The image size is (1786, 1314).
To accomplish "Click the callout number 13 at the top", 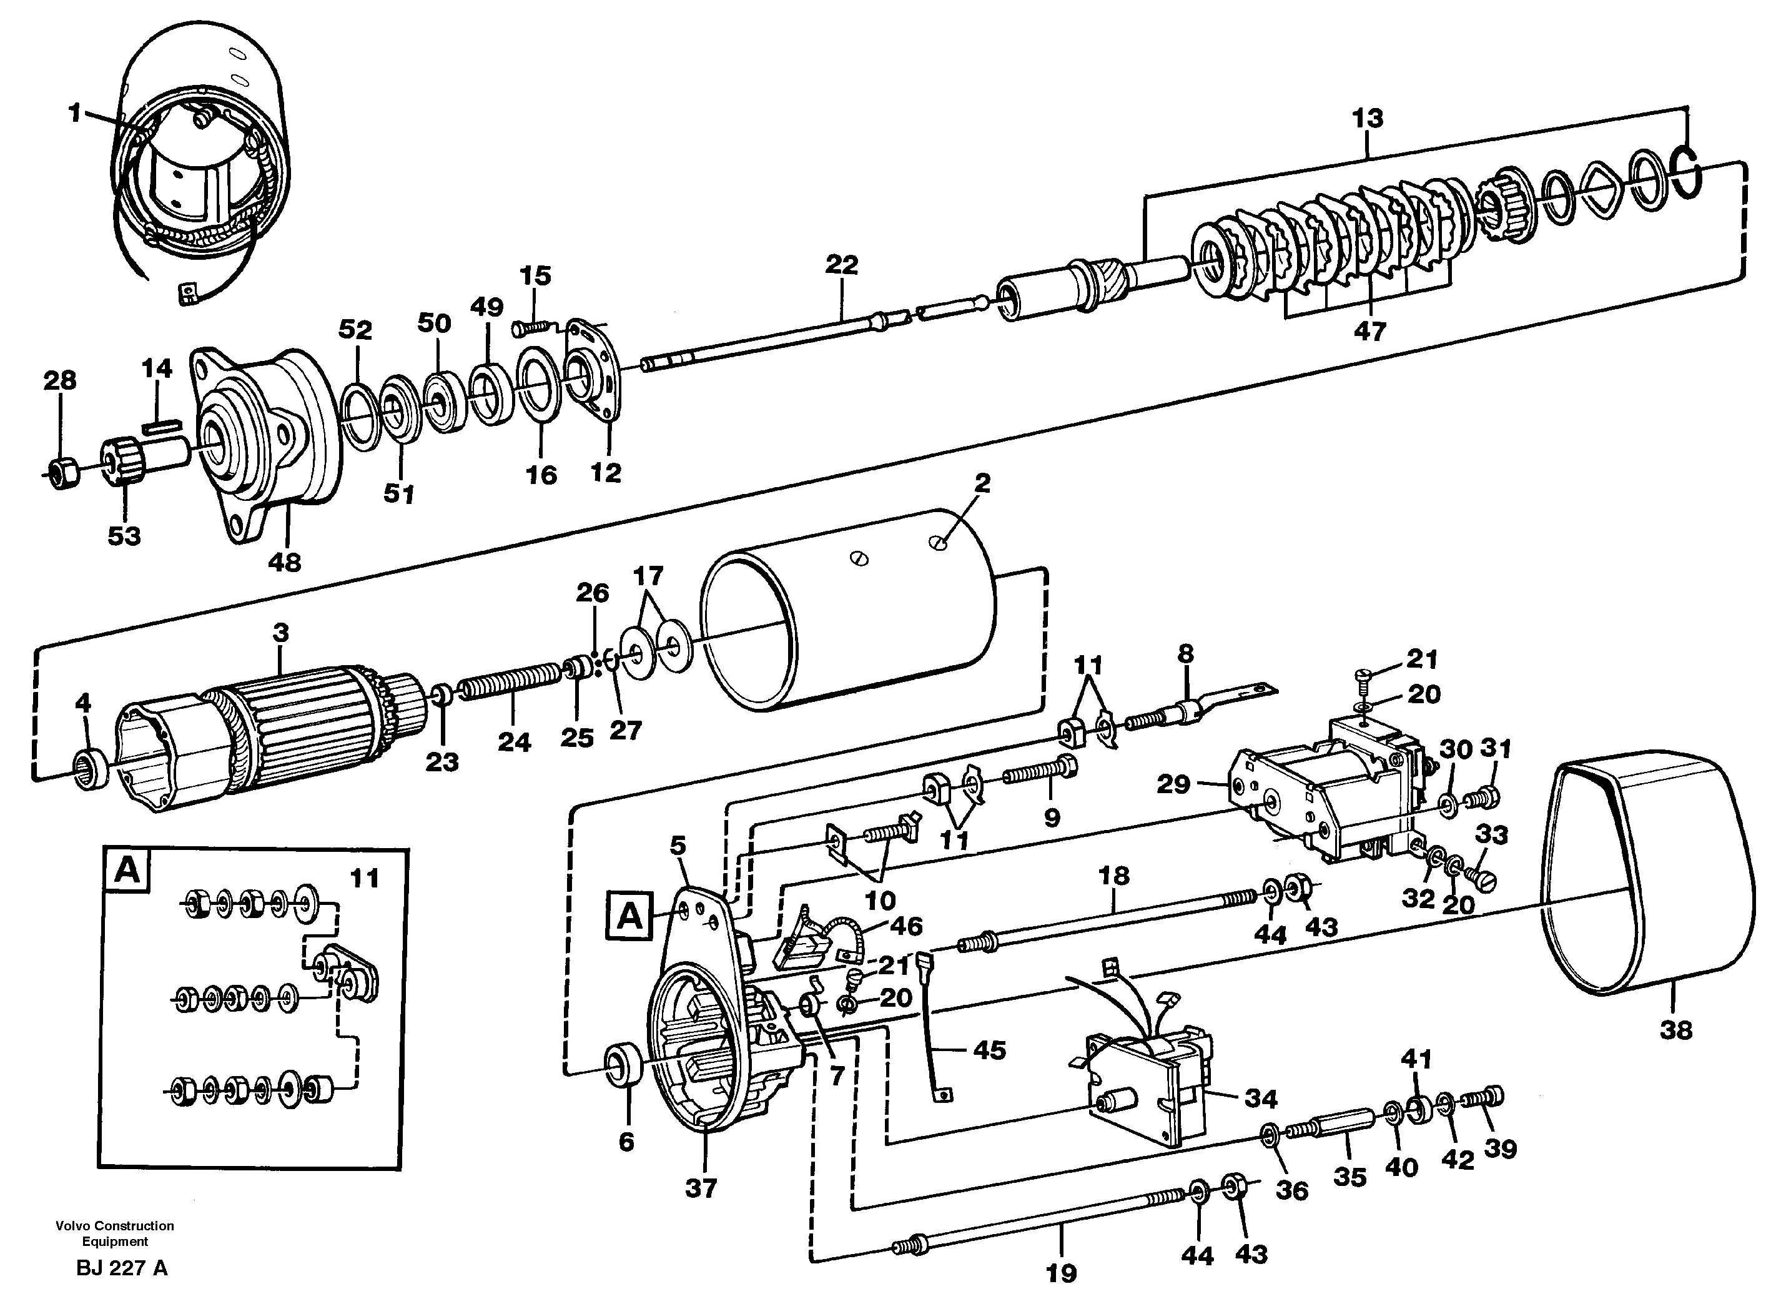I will click(1367, 119).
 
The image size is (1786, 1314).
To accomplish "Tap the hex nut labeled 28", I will click(62, 474).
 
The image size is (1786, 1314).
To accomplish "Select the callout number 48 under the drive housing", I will click(285, 562).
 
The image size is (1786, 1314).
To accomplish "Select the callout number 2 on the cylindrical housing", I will click(983, 483).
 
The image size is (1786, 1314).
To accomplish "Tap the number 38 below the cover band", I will click(1675, 1030).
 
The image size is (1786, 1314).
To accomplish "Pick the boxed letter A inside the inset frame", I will click(127, 871).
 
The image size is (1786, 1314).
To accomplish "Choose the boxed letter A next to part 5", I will click(629, 916).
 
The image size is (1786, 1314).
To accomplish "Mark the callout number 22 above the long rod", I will click(841, 265).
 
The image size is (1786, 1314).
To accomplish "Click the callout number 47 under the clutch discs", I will click(1369, 331).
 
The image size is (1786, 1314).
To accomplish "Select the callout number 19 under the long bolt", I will click(1061, 1273).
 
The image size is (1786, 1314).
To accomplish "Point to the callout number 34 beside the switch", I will click(1260, 1099).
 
